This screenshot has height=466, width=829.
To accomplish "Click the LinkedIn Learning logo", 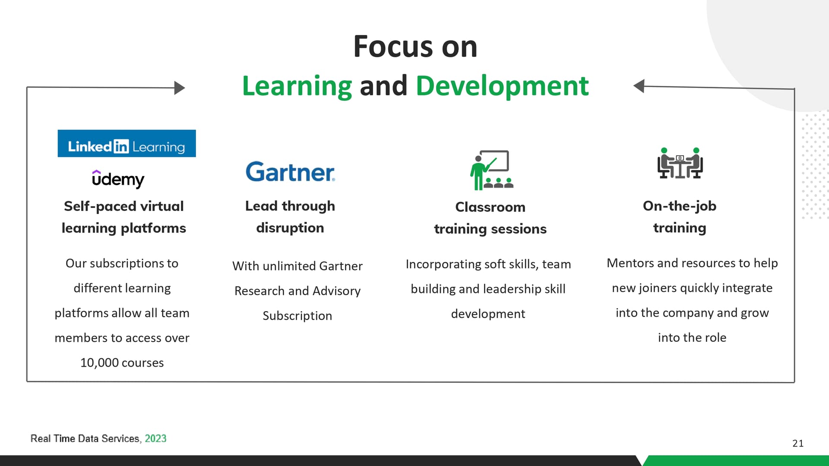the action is [127, 143].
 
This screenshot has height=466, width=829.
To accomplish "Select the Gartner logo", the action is [290, 172].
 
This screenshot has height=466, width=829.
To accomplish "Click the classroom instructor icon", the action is [491, 170].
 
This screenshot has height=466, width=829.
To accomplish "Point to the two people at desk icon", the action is [680, 163].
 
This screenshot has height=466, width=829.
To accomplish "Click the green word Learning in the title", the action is [297, 86].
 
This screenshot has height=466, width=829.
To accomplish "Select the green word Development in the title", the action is [502, 85].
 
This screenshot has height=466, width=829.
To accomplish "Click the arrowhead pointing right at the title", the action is [180, 88].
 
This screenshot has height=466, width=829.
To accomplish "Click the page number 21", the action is [798, 443].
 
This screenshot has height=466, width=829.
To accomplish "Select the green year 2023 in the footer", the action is [155, 438].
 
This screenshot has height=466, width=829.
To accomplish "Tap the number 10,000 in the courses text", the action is [99, 363].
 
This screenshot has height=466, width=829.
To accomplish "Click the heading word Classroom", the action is [490, 207].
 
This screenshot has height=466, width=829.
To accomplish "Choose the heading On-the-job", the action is [680, 206].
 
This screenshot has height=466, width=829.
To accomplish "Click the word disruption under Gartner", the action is [290, 228].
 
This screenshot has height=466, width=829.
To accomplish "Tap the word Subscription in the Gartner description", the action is [297, 316].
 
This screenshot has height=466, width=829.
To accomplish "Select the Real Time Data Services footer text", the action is [85, 438].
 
